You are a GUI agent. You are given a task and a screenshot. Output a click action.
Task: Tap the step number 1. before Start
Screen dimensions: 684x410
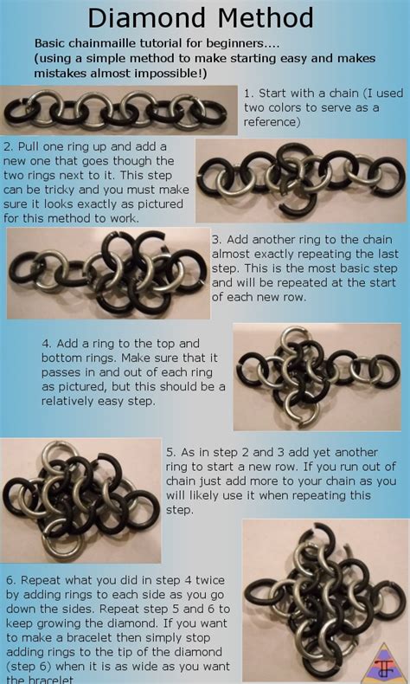coord(249,93)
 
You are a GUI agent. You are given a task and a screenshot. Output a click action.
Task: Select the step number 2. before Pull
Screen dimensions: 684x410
coord(10,147)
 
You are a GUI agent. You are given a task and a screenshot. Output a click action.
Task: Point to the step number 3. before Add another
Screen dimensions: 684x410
coord(218,238)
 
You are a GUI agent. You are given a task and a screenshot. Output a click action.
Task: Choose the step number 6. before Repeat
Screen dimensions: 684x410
coord(10,579)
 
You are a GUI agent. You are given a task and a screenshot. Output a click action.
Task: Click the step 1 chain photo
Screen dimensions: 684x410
coord(119,109)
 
